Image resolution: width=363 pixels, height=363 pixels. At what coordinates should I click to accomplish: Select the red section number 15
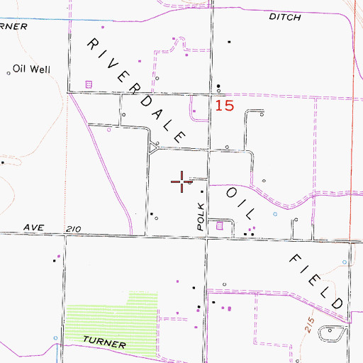[x=224, y=106]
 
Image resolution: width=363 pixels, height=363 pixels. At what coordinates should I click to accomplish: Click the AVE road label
[x=34, y=227]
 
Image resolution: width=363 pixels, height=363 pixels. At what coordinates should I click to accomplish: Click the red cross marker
[x=182, y=181]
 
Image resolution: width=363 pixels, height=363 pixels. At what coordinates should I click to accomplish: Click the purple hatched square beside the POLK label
[x=220, y=226]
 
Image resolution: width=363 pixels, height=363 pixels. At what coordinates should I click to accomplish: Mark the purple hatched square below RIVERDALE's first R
[x=89, y=84]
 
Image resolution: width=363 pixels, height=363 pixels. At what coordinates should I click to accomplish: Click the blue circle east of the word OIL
[x=274, y=213]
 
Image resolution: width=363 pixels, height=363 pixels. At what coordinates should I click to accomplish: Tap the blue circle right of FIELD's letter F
[x=347, y=263]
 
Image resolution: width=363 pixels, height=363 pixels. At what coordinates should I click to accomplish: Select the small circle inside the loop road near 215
[x=329, y=330]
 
